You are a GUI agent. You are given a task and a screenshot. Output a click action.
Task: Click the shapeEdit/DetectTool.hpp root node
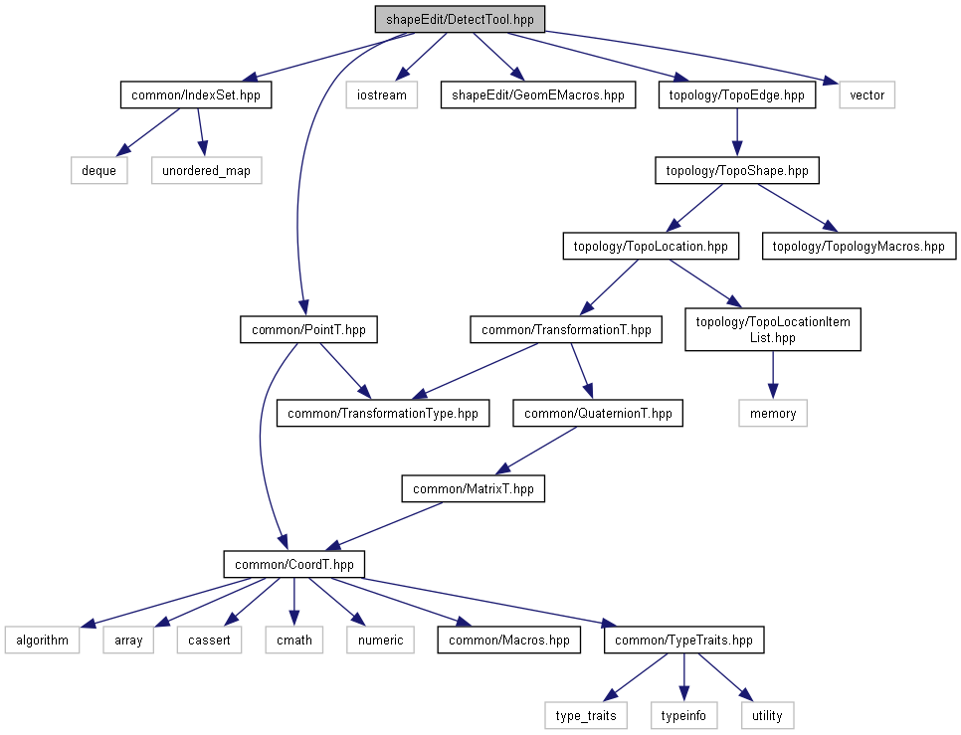[460, 19]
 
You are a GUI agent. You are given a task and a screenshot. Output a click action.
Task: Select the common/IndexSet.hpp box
[196, 94]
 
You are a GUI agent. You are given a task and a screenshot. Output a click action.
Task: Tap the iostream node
[381, 94]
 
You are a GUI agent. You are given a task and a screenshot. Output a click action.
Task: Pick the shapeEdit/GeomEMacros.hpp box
[537, 94]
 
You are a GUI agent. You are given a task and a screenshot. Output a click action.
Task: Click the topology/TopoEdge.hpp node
[737, 94]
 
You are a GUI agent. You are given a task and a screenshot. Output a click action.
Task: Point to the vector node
[866, 94]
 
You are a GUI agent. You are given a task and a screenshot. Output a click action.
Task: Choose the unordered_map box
[207, 170]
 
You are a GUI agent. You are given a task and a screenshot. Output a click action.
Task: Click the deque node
[98, 170]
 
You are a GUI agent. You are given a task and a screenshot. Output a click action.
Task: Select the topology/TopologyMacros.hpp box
[859, 247]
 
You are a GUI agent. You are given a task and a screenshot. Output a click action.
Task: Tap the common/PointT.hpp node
[308, 329]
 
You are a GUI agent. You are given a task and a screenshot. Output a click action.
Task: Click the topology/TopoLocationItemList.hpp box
[772, 329]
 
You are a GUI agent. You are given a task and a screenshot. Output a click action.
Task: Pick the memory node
[773, 414]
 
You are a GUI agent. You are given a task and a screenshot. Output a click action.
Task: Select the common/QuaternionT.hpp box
[598, 414]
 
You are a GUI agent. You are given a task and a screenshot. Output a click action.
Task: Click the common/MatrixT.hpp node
[474, 488]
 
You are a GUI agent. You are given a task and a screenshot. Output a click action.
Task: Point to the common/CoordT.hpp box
[294, 564]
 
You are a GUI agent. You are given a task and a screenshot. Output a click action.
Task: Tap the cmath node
[294, 641]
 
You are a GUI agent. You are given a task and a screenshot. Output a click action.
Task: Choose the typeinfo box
[683, 715]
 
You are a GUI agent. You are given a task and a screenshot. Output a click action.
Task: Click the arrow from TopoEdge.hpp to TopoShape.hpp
[737, 132]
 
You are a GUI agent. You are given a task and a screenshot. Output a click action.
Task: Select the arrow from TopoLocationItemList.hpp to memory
[773, 375]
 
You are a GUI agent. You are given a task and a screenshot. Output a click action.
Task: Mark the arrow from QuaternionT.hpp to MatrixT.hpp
[535, 451]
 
